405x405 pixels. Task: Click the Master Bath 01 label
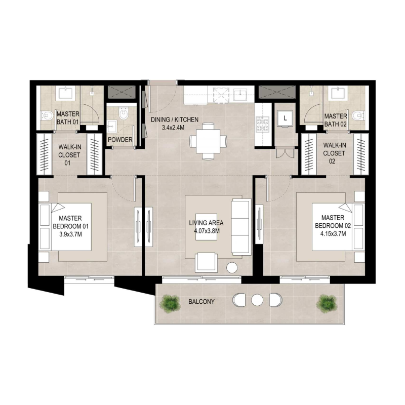tap(68, 118)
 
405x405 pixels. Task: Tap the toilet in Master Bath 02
tap(359, 114)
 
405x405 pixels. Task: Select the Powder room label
tap(120, 140)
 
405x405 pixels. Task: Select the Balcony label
tap(201, 302)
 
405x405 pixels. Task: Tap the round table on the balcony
tap(257, 300)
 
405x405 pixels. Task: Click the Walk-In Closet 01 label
tap(69, 151)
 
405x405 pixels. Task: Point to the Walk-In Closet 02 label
tap(335, 150)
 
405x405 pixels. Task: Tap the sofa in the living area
tap(240, 226)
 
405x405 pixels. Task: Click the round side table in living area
tap(233, 268)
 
